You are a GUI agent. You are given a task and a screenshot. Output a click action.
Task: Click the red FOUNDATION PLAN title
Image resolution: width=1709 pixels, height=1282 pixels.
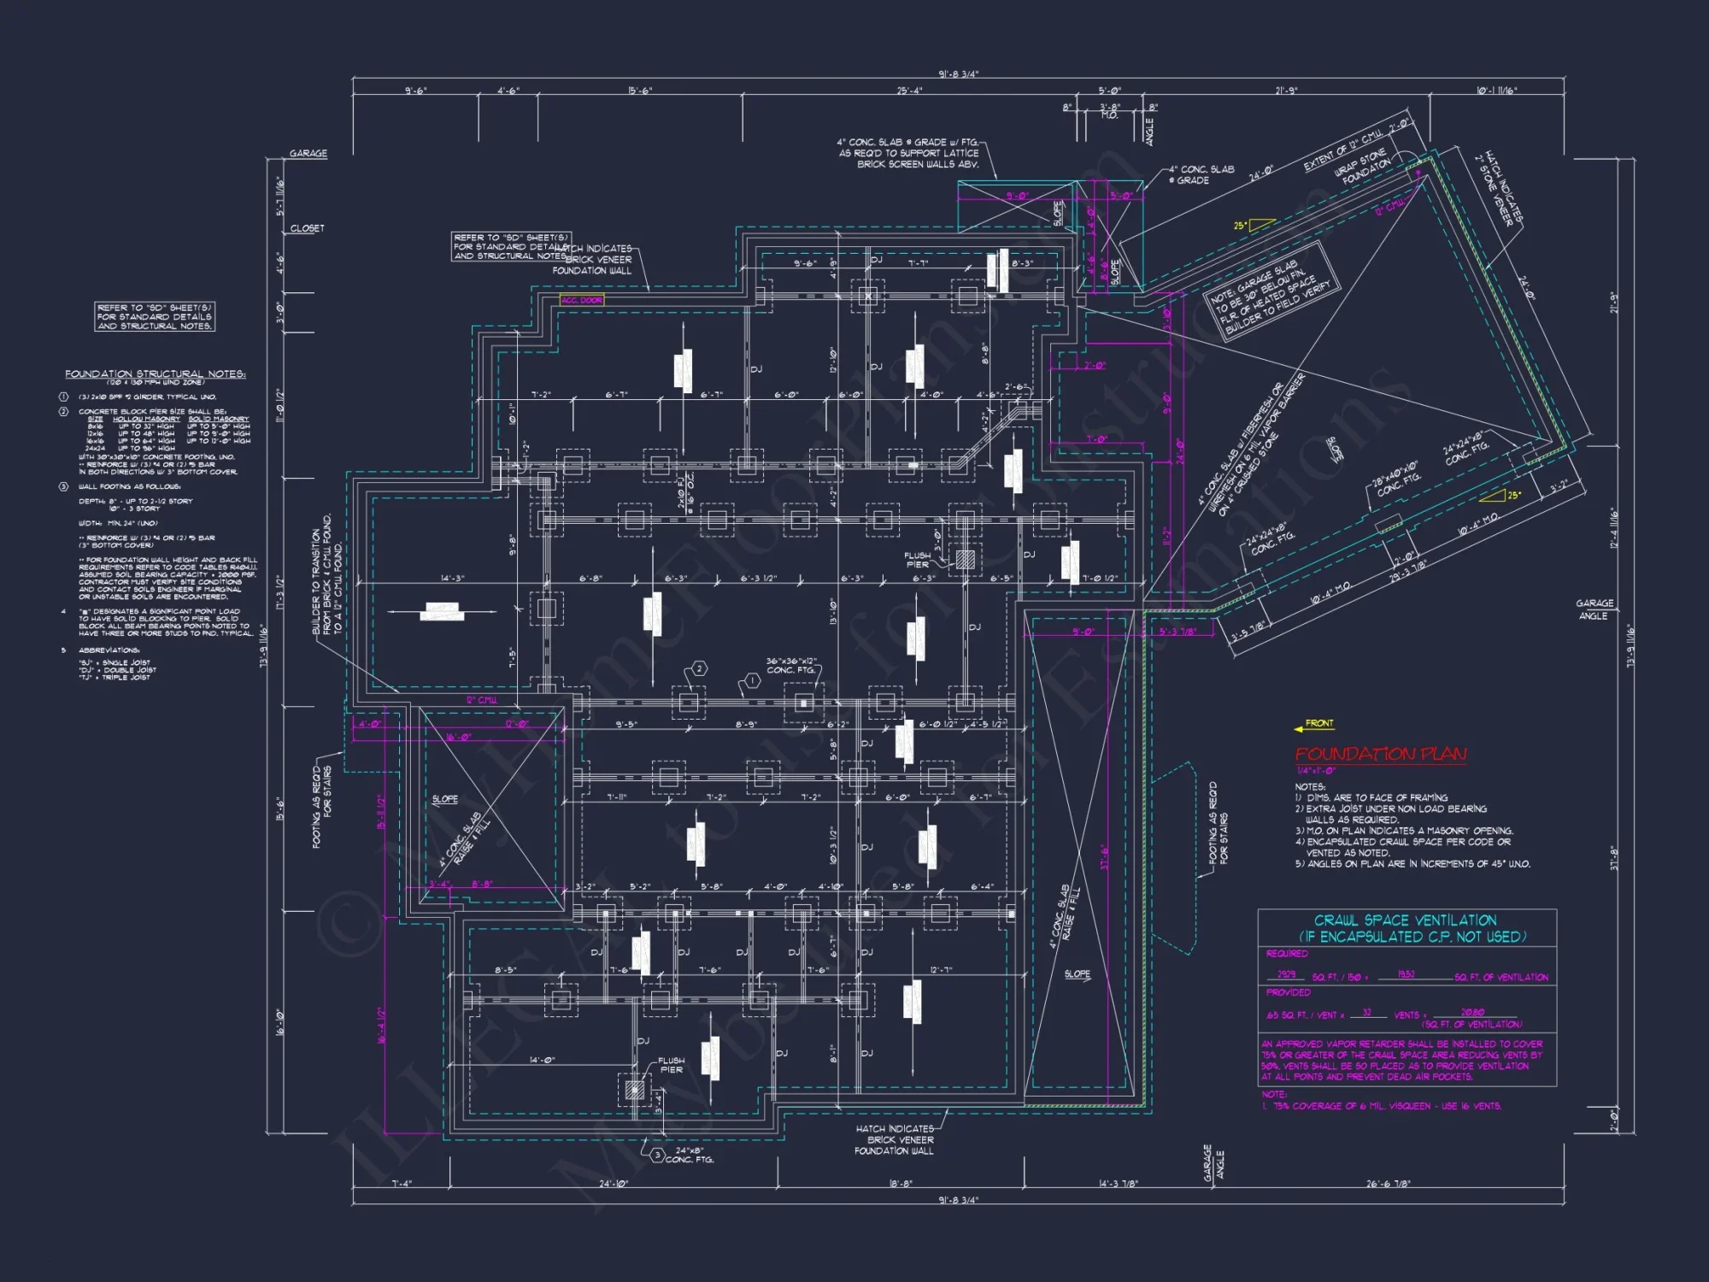pyautogui.click(x=1380, y=754)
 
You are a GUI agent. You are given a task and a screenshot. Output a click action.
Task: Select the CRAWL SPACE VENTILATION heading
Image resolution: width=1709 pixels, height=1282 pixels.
pyautogui.click(x=1405, y=920)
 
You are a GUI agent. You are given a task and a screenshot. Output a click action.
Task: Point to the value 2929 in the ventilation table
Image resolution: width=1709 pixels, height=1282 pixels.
pyautogui.click(x=1286, y=974)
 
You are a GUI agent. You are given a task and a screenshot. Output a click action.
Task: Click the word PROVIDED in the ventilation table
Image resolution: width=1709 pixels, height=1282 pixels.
pyautogui.click(x=1288, y=992)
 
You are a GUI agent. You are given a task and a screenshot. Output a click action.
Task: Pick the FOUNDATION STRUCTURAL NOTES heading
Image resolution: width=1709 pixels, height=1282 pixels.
pyautogui.click(x=155, y=374)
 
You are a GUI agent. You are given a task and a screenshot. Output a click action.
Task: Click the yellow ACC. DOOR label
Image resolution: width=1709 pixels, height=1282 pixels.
pyautogui.click(x=582, y=300)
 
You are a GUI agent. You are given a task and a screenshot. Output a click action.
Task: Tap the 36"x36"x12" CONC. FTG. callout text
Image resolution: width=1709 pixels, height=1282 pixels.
pyautogui.click(x=791, y=666)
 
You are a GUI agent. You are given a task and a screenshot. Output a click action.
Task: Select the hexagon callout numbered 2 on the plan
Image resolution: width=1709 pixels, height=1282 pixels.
pyautogui.click(x=699, y=668)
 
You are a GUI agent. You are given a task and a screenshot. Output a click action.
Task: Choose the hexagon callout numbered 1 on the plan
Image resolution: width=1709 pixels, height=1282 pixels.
pyautogui.click(x=752, y=680)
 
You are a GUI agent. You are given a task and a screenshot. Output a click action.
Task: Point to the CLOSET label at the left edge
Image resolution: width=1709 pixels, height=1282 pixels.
pyautogui.click(x=307, y=228)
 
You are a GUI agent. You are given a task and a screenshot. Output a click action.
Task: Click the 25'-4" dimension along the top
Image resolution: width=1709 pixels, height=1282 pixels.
pyautogui.click(x=909, y=91)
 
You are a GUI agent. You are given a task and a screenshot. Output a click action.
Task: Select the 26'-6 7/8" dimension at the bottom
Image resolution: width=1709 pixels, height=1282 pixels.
pyautogui.click(x=1388, y=1184)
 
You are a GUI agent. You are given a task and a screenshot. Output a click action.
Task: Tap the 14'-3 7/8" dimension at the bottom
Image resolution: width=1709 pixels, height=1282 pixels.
pyautogui.click(x=1118, y=1184)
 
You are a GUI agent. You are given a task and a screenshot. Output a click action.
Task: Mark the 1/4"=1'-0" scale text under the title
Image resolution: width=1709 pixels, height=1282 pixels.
pyautogui.click(x=1316, y=771)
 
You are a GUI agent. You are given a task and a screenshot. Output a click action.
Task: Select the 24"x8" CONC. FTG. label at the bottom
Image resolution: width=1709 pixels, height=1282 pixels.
pyautogui.click(x=689, y=1155)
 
